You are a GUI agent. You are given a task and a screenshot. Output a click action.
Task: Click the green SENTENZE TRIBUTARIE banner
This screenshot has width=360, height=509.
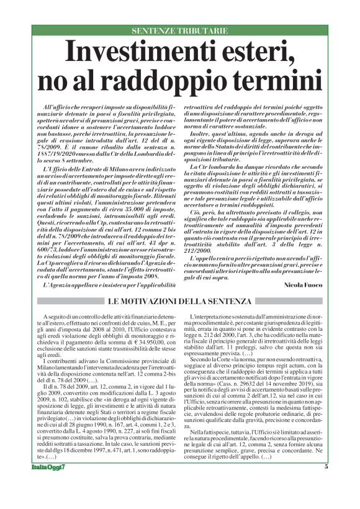pos(180,30)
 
